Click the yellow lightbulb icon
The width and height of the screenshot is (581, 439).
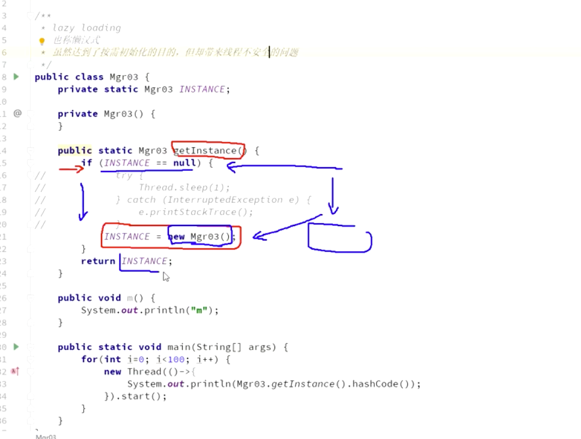pyautogui.click(x=41, y=41)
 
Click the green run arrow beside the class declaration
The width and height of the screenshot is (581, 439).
pyautogui.click(x=16, y=76)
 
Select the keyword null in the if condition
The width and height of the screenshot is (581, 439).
pyautogui.click(x=184, y=163)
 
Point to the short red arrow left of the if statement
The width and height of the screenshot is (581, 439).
pyautogui.click(x=71, y=169)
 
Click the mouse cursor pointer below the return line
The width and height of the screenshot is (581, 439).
pyautogui.click(x=166, y=276)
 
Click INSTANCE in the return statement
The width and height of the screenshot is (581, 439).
pyautogui.click(x=145, y=261)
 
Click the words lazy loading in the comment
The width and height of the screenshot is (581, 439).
pyautogui.click(x=87, y=28)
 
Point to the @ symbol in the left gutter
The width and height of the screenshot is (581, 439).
pyautogui.click(x=17, y=113)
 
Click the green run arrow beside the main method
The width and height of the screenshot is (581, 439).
pyautogui.click(x=16, y=346)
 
